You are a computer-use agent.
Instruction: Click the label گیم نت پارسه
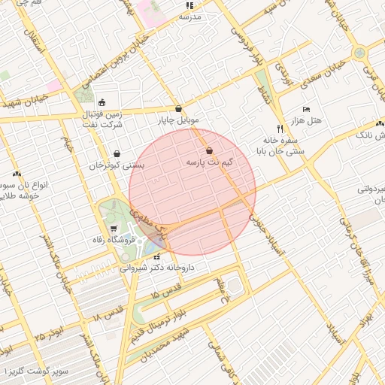[209, 162]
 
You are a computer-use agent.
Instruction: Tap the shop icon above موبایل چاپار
[178, 109]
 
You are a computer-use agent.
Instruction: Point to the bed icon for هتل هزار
[305, 110]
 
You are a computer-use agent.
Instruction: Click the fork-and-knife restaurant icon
[280, 128]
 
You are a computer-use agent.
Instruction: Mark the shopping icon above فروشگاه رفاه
[113, 229]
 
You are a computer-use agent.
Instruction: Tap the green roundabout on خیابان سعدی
[360, 53]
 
